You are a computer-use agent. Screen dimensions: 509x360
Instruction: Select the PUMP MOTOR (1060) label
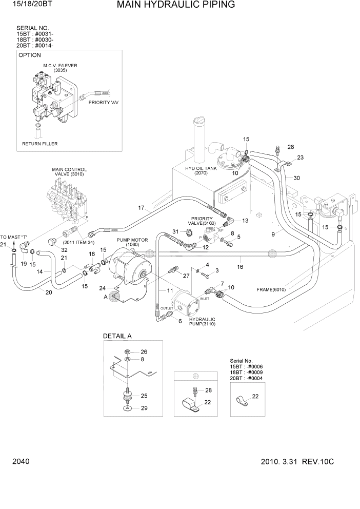point(132,242)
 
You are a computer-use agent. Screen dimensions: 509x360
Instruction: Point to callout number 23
point(301,158)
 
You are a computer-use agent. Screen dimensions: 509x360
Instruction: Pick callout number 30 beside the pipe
point(296,178)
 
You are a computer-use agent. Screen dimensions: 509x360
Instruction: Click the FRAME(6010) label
point(272,289)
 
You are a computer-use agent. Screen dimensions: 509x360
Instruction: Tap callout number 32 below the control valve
point(65,250)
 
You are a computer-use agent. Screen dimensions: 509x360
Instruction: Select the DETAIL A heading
point(117,336)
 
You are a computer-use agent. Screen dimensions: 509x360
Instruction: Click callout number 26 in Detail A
point(144,351)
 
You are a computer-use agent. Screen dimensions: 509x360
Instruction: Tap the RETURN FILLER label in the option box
point(39,144)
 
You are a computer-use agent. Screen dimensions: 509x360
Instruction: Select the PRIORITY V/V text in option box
point(103,103)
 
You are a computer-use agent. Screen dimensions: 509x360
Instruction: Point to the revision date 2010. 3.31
point(277,462)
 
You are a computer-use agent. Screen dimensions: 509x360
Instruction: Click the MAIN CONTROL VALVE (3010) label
point(69,171)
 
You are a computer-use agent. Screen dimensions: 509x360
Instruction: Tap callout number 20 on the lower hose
point(49,293)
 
